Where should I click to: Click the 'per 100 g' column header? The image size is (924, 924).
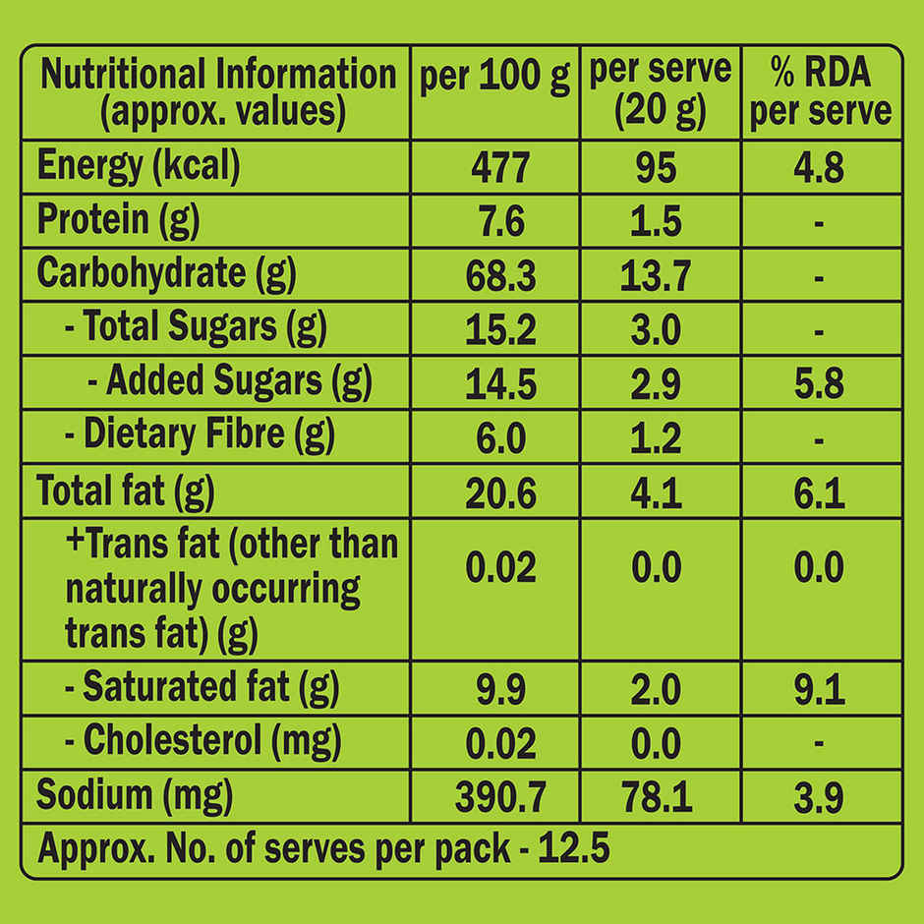[x=494, y=78]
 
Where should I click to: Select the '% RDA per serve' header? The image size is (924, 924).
[x=820, y=91]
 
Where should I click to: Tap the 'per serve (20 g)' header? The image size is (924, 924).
[x=661, y=91]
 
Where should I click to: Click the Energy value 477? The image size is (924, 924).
[x=500, y=167]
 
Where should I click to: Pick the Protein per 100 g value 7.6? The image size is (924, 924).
[x=500, y=221]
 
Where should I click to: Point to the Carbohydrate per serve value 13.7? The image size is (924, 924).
[x=657, y=276]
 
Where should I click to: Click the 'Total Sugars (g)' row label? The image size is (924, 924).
[x=196, y=328]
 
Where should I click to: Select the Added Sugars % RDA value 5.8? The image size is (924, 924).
[x=820, y=383]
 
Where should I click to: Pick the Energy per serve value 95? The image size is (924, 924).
[x=657, y=167]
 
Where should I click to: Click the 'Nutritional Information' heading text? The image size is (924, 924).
[x=218, y=75]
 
